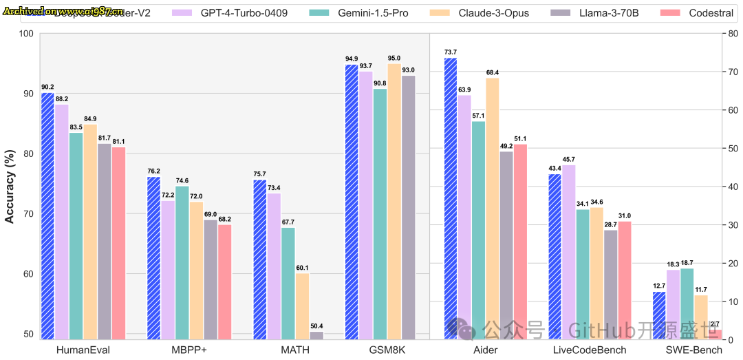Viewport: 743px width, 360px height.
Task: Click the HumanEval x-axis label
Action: [x=83, y=350]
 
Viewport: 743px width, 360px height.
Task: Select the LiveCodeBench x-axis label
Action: [x=590, y=350]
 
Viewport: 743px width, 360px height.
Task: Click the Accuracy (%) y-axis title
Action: [x=10, y=187]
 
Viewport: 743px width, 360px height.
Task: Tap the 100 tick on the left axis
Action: [x=28, y=33]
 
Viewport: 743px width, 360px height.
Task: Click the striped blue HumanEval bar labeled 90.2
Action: [x=47, y=215]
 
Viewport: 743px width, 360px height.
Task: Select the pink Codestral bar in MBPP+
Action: [x=224, y=282]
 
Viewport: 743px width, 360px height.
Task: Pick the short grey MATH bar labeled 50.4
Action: [x=316, y=335]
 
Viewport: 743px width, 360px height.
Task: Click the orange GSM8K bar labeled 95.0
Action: [x=394, y=201]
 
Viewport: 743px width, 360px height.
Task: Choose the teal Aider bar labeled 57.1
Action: [x=478, y=230]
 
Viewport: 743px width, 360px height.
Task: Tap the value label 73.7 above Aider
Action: [x=451, y=52]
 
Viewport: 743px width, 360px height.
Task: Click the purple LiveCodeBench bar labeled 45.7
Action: [x=569, y=252]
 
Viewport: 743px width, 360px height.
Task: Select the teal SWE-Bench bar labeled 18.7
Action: [x=687, y=304]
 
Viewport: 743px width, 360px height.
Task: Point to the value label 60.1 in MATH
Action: [x=302, y=268]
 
